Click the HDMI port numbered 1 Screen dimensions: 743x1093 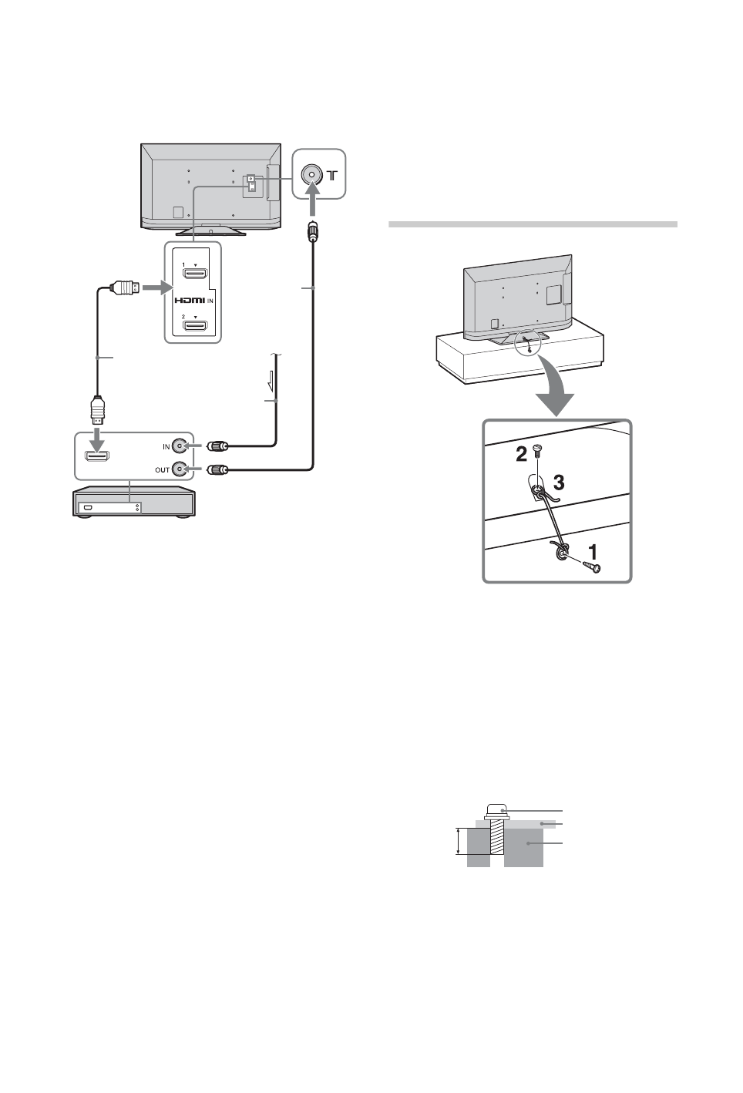click(193, 274)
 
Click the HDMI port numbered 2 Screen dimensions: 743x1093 click(193, 326)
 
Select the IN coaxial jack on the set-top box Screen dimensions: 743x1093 click(180, 446)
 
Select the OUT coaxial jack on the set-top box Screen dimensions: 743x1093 click(180, 468)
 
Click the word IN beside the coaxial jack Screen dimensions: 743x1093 click(166, 446)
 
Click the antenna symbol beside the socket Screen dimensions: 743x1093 click(332, 175)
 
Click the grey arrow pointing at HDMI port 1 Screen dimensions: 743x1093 click(157, 288)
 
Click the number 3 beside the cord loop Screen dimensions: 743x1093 click(558, 483)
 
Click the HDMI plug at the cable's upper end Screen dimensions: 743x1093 click(126, 288)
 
